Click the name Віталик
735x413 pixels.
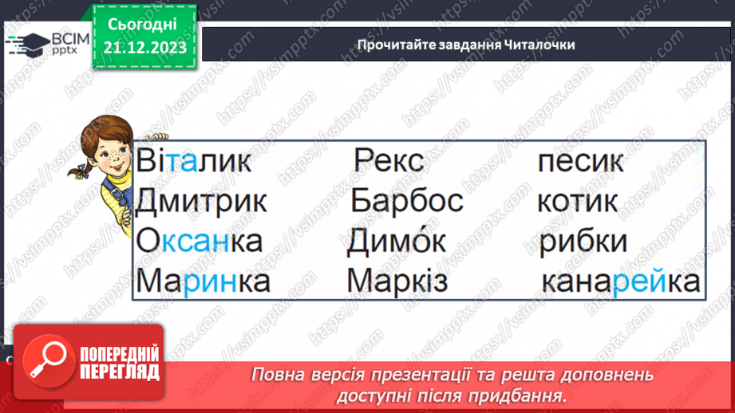[x=194, y=162]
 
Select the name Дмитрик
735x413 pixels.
[x=201, y=201]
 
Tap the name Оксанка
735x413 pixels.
[x=199, y=241]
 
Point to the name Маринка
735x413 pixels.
[x=203, y=281]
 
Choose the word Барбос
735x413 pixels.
[x=406, y=201]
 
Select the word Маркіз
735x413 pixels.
[x=397, y=281]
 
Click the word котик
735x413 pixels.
[x=577, y=201]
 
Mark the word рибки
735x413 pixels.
[x=583, y=242]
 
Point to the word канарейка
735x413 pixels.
[x=620, y=281]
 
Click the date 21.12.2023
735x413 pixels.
[x=144, y=48]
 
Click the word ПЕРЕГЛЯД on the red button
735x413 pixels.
[x=120, y=371]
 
